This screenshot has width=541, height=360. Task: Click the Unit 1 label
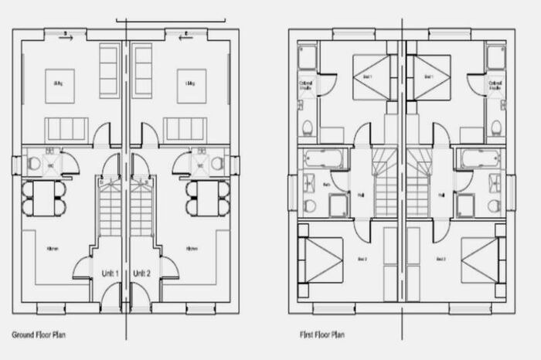pyautogui.click(x=110, y=273)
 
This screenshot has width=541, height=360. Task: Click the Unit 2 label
pyautogui.click(x=141, y=273)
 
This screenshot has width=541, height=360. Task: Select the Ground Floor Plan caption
pyautogui.click(x=39, y=335)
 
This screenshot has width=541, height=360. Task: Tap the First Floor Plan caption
pyautogui.click(x=322, y=335)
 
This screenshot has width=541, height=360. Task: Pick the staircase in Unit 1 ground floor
pyautogui.click(x=110, y=209)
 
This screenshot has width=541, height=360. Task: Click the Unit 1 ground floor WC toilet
pyautogui.click(x=34, y=164)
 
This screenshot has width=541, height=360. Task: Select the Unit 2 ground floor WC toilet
pyautogui.click(x=217, y=164)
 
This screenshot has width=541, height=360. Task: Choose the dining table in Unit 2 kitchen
pyautogui.click(x=208, y=199)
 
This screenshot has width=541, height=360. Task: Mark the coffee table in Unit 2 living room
pyautogui.click(x=191, y=86)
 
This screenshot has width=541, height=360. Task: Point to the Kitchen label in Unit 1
pyautogui.click(x=53, y=249)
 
